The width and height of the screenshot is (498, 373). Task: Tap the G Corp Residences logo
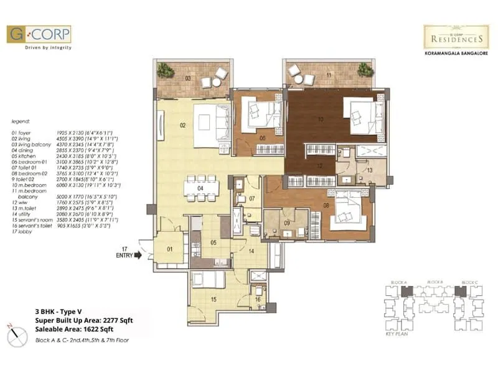(456, 37)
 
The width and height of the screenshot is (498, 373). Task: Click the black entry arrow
(138, 254)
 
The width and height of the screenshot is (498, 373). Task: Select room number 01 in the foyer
(169, 251)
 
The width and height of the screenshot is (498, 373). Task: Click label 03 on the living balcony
(187, 78)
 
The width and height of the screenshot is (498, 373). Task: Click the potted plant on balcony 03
(166, 70)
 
